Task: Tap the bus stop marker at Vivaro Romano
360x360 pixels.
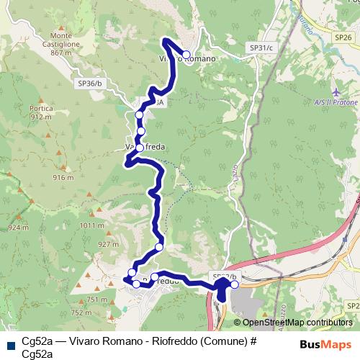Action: [x=186, y=55]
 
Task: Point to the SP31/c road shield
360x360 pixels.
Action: [x=261, y=48]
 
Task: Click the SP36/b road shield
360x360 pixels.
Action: [x=89, y=84]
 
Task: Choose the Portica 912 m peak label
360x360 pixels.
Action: [x=42, y=112]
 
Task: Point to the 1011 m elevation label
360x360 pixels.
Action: [x=92, y=225]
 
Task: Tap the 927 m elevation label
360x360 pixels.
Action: [x=107, y=244]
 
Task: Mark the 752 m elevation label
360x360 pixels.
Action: [x=81, y=313]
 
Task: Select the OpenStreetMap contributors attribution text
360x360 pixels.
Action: [x=297, y=323]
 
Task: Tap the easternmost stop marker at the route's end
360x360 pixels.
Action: [x=235, y=284]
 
